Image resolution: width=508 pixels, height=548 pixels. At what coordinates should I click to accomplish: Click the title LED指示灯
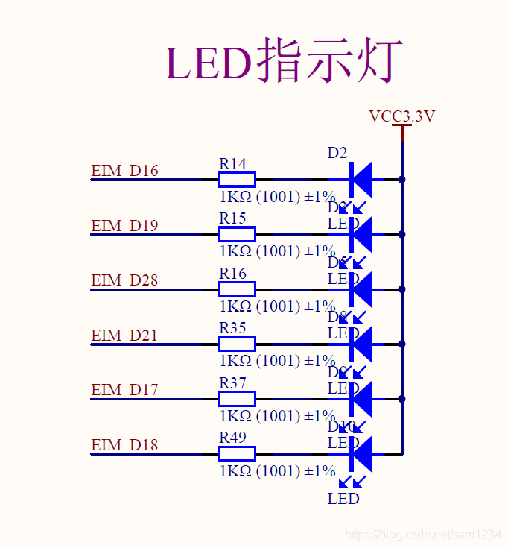[x=284, y=61]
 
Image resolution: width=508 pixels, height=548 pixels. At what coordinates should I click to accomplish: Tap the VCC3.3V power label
[x=401, y=116]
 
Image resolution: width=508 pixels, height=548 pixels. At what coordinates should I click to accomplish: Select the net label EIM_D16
[x=124, y=171]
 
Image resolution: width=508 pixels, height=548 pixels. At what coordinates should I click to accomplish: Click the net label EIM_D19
[x=124, y=226]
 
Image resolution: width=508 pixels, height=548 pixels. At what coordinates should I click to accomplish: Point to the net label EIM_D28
[x=124, y=280]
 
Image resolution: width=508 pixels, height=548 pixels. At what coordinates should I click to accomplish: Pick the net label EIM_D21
[x=124, y=336]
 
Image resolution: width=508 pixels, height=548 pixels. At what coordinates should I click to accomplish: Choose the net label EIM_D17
[x=124, y=390]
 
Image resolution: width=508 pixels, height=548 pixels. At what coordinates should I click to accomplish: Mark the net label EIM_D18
[x=124, y=445]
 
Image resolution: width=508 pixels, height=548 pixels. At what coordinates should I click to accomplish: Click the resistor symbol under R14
[x=237, y=180]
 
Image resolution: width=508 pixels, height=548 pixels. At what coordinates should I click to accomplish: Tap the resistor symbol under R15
[x=237, y=234]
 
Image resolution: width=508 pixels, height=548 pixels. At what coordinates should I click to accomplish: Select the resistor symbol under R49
[x=237, y=453]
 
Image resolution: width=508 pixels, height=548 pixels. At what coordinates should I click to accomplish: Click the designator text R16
[x=232, y=274]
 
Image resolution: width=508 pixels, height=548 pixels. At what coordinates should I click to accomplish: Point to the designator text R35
[x=232, y=328]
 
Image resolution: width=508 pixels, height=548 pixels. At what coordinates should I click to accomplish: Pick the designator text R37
[x=232, y=382]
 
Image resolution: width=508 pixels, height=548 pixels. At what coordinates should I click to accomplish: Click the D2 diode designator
[x=337, y=153]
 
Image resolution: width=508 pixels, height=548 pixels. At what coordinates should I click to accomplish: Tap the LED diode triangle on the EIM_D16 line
[x=361, y=180]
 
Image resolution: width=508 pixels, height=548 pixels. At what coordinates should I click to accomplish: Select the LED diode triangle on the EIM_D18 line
[x=361, y=453]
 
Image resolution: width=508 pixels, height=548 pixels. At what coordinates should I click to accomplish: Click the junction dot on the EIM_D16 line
[x=401, y=180]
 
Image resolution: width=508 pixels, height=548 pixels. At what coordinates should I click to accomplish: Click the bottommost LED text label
[x=343, y=498]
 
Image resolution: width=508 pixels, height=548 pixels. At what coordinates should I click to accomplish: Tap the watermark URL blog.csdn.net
[x=425, y=535]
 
